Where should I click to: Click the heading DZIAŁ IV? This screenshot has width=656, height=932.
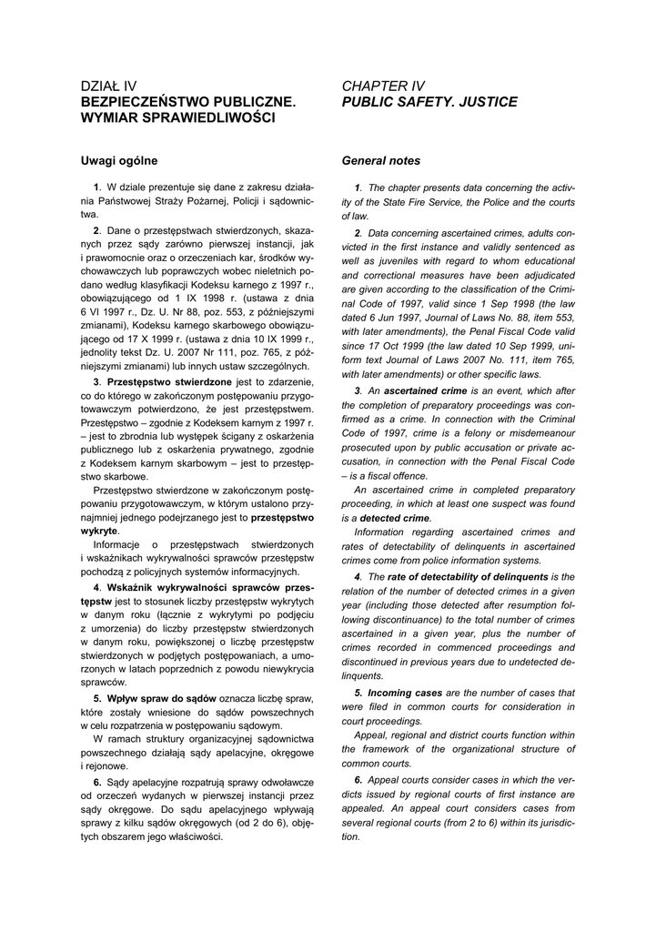[108, 86]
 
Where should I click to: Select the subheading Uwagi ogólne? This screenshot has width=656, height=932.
[119, 161]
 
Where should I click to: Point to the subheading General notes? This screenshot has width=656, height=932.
[380, 161]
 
